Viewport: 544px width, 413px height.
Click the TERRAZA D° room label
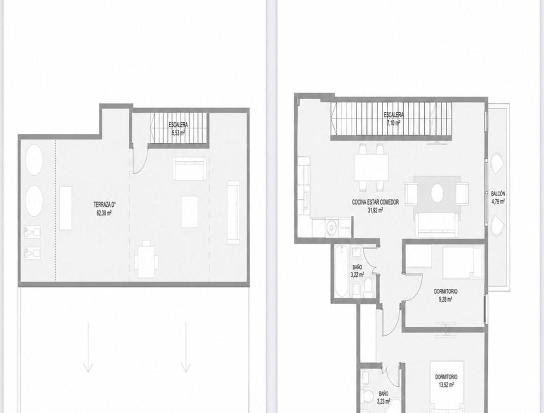pyautogui.click(x=104, y=205)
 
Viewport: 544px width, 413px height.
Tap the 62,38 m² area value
pyautogui.click(x=104, y=213)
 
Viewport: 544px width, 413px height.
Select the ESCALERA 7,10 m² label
pyautogui.click(x=394, y=119)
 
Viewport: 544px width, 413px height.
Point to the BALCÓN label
pyautogui.click(x=498, y=193)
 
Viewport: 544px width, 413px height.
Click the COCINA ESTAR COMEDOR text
pyautogui.click(x=375, y=202)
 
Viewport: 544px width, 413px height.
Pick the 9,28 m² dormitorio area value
pyautogui.click(x=445, y=300)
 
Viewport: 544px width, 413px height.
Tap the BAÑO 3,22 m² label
pyautogui.click(x=357, y=271)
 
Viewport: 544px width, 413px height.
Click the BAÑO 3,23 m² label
pyautogui.click(x=383, y=398)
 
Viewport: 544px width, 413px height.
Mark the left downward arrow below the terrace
pyautogui.click(x=88, y=347)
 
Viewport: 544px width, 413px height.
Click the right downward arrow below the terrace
pyautogui.click(x=186, y=347)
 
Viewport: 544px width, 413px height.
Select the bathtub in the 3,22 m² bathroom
pyautogui.click(x=342, y=271)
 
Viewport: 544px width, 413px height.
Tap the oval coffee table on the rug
pyautogui.click(x=437, y=193)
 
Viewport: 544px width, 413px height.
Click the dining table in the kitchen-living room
pyautogui.click(x=371, y=167)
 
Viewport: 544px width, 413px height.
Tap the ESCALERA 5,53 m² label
pyautogui.click(x=178, y=129)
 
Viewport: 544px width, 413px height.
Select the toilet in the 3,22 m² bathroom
pyautogui.click(x=368, y=288)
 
